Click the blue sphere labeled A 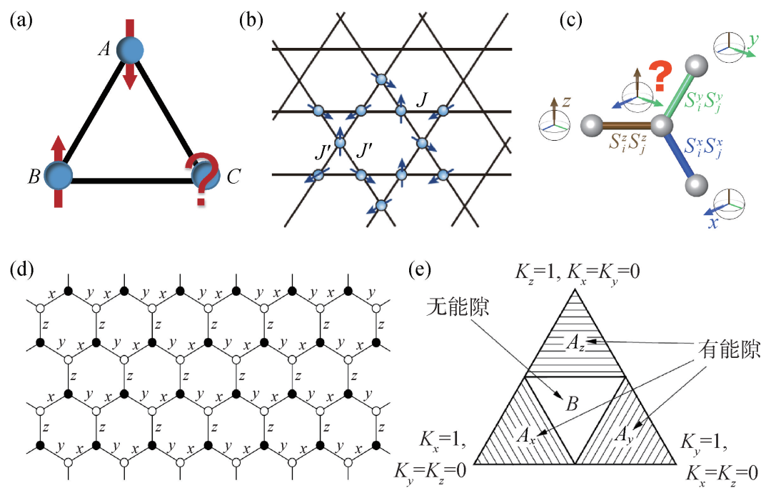coord(130,51)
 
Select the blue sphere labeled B coord(59,174)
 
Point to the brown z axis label coord(566,102)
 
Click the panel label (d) coord(21,270)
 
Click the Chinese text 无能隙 coord(453,308)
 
